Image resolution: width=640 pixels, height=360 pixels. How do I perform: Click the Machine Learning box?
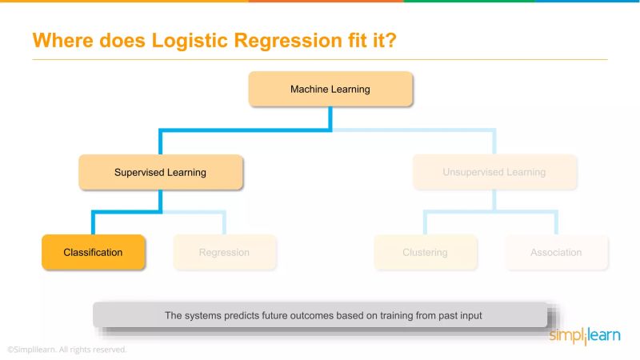point(330,90)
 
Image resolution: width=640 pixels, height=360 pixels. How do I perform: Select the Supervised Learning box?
point(160,172)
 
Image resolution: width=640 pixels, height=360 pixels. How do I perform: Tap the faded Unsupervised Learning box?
point(494,172)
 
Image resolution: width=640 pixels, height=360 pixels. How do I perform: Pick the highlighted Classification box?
point(94,252)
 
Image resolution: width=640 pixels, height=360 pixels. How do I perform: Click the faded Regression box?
point(225,252)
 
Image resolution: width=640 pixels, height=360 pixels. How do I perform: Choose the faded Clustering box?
point(425,252)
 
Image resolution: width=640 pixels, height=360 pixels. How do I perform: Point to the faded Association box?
point(556,252)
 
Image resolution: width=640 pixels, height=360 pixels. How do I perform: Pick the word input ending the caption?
point(470,315)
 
